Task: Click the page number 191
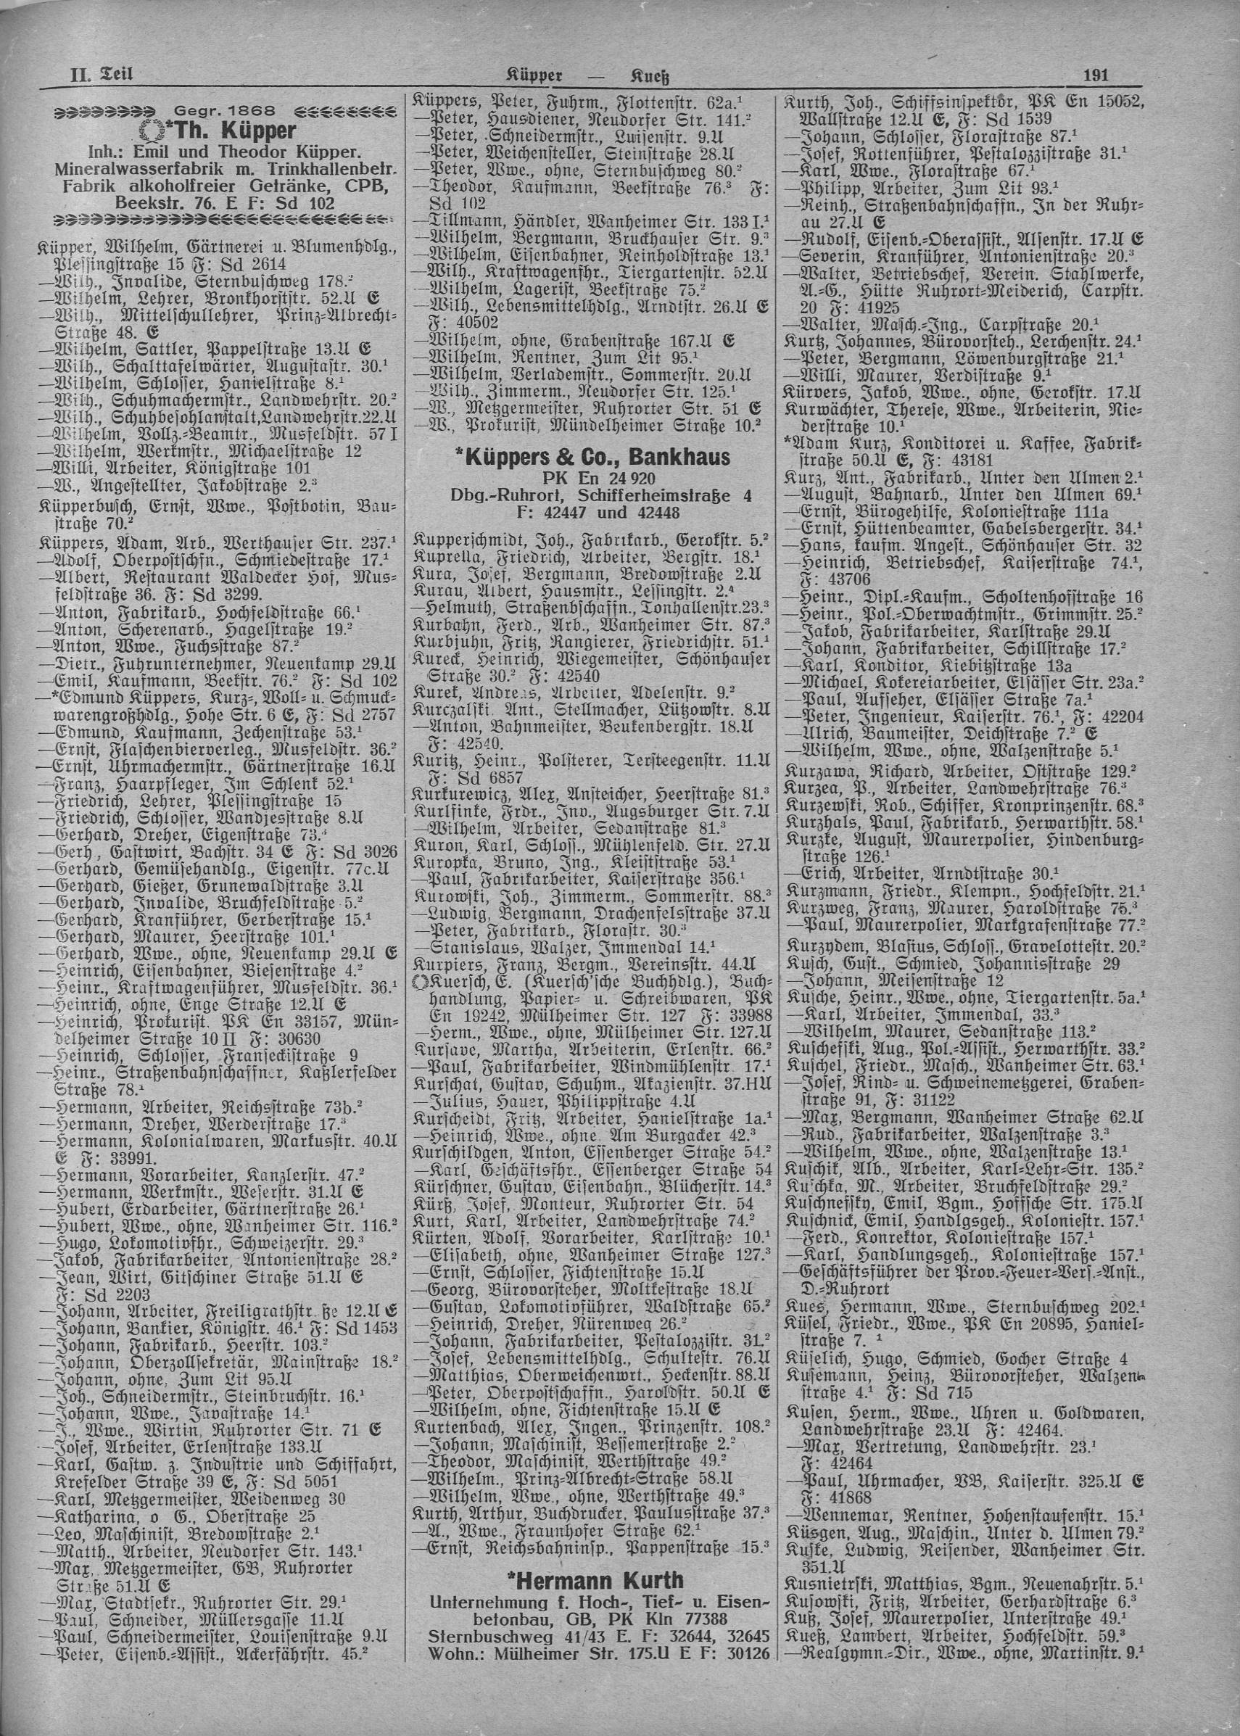pyautogui.click(x=1096, y=74)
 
